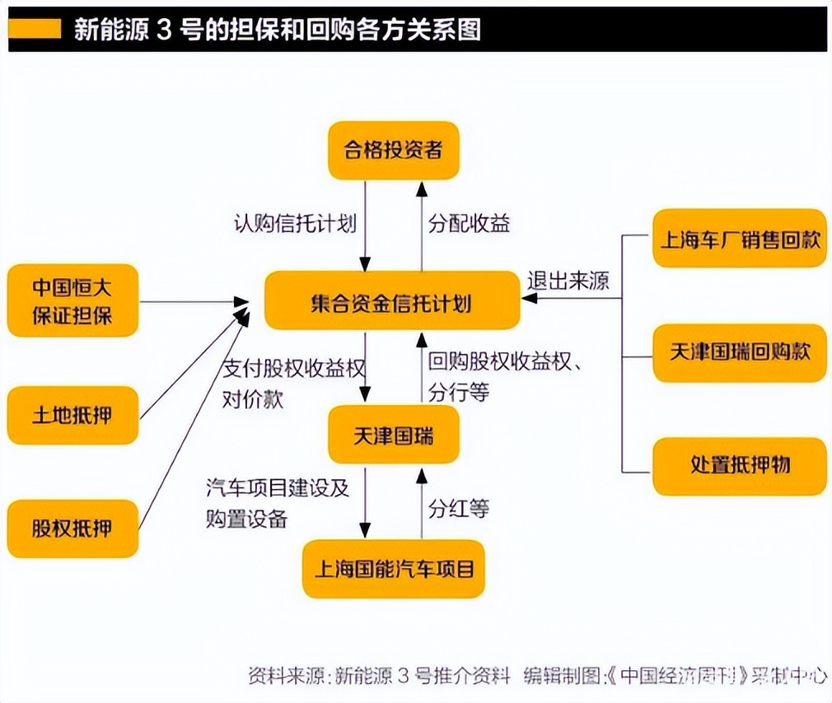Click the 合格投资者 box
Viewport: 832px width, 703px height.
tap(393, 150)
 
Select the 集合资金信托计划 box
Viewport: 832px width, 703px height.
tap(392, 303)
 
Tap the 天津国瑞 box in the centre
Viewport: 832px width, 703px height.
tap(393, 434)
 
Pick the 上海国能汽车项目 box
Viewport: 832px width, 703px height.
tap(393, 568)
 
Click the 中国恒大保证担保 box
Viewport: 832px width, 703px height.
tap(72, 301)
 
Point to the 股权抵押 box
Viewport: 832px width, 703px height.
tap(72, 528)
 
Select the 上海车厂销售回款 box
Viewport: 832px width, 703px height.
tap(739, 239)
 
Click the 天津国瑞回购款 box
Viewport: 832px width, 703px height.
tap(739, 352)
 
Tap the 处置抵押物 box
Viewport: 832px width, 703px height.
tap(739, 466)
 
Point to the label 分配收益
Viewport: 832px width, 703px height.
tap(469, 223)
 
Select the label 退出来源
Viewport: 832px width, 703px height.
tap(568, 281)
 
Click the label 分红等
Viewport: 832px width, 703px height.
tap(458, 508)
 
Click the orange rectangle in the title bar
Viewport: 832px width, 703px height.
tap(35, 30)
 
